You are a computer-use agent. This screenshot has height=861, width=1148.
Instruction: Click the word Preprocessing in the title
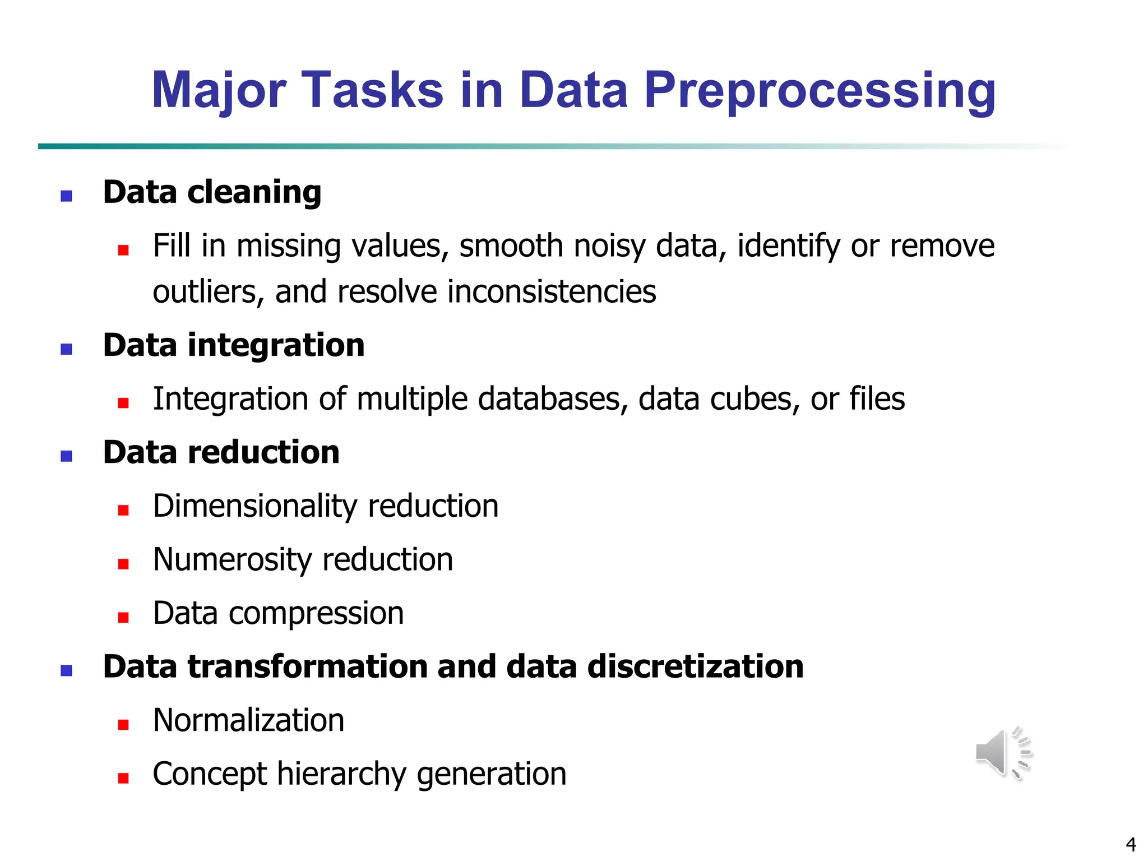(820, 91)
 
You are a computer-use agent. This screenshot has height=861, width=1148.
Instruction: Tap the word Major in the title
(219, 91)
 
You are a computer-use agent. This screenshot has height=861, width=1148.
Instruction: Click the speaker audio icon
(1003, 753)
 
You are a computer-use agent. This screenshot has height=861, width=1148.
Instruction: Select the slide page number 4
(1131, 844)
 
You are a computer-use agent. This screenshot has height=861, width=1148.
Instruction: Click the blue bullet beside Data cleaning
(66, 196)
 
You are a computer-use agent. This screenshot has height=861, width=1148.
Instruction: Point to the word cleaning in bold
(254, 192)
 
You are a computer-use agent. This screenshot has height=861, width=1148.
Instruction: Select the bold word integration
(276, 345)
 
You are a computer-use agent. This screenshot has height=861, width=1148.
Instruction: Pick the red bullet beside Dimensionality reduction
(123, 510)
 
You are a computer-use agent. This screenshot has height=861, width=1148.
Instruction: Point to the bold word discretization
(695, 666)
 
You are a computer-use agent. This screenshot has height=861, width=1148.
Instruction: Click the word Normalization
(248, 720)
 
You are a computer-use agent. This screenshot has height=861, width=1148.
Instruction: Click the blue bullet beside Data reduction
(66, 456)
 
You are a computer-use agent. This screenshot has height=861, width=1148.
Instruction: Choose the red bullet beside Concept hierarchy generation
(123, 777)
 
